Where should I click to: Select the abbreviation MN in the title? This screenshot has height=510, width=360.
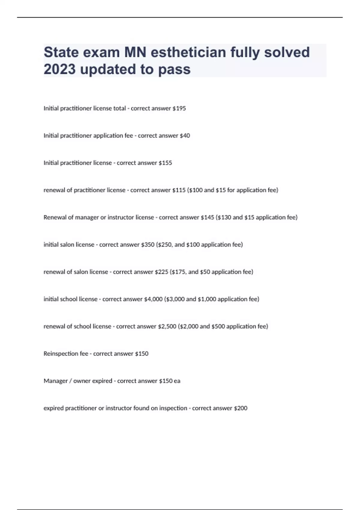135,52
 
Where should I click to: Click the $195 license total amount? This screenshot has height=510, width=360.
179,108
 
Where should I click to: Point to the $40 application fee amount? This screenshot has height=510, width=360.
185,136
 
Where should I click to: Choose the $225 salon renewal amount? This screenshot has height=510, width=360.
161,272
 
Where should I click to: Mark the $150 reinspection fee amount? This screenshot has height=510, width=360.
142,354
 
